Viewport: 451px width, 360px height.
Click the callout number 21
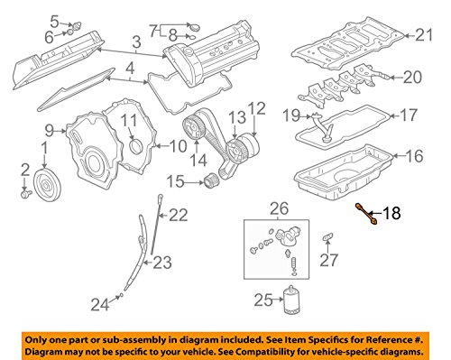coord(424,35)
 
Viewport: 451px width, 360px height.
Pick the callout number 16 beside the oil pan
coord(414,156)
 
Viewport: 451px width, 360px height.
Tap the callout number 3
coord(135,42)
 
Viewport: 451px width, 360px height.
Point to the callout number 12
coord(258,107)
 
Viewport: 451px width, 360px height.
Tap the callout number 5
coord(54,20)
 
